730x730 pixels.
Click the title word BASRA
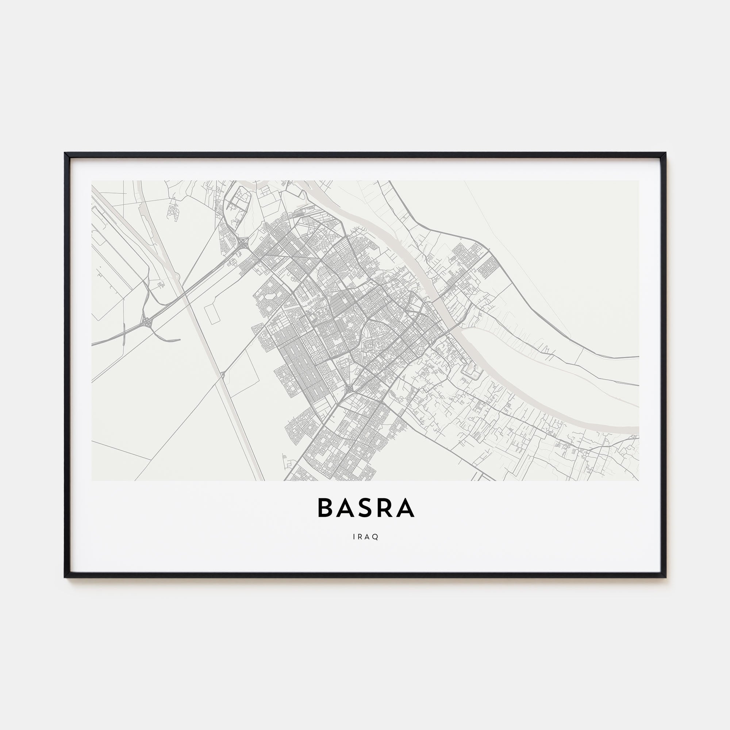366,508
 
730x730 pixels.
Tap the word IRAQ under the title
365,537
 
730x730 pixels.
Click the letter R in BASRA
385,508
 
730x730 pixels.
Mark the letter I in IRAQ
354,537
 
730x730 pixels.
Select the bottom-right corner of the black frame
665,588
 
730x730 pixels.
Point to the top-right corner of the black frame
665,153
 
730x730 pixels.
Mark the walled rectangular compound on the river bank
470,373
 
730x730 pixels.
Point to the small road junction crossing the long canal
223,375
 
